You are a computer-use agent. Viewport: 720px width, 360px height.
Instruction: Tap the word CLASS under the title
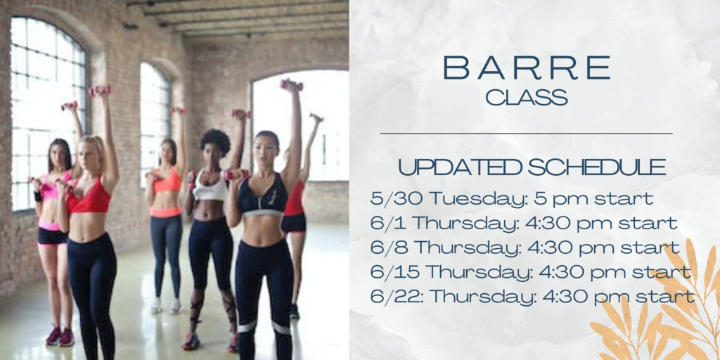pos(527,97)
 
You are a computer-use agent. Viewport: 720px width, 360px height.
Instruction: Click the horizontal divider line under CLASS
pos(526,134)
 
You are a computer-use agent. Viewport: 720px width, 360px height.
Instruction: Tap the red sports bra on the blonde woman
pos(89,198)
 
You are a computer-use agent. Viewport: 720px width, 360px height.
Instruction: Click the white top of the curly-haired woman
pos(210,186)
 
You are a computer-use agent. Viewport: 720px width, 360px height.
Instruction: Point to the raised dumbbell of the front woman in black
pos(292,85)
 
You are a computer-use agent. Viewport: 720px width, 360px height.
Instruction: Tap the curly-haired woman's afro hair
pos(215,142)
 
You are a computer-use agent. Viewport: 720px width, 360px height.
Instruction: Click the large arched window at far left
pos(48,112)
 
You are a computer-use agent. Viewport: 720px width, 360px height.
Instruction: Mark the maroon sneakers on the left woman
pos(60,337)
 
